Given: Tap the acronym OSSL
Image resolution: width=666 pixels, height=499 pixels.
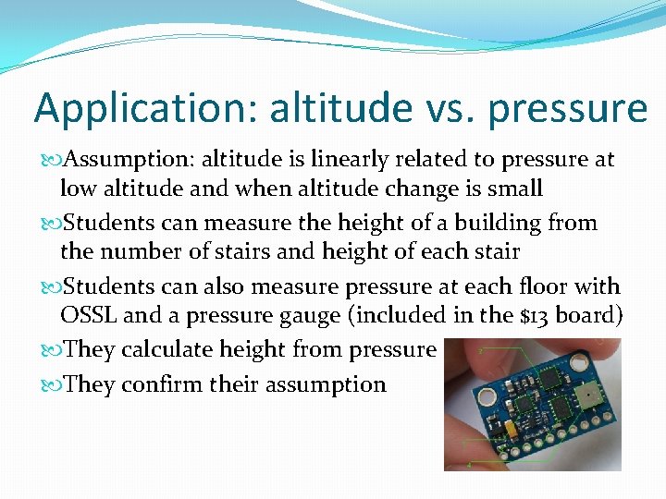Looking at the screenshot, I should coord(88,315).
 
